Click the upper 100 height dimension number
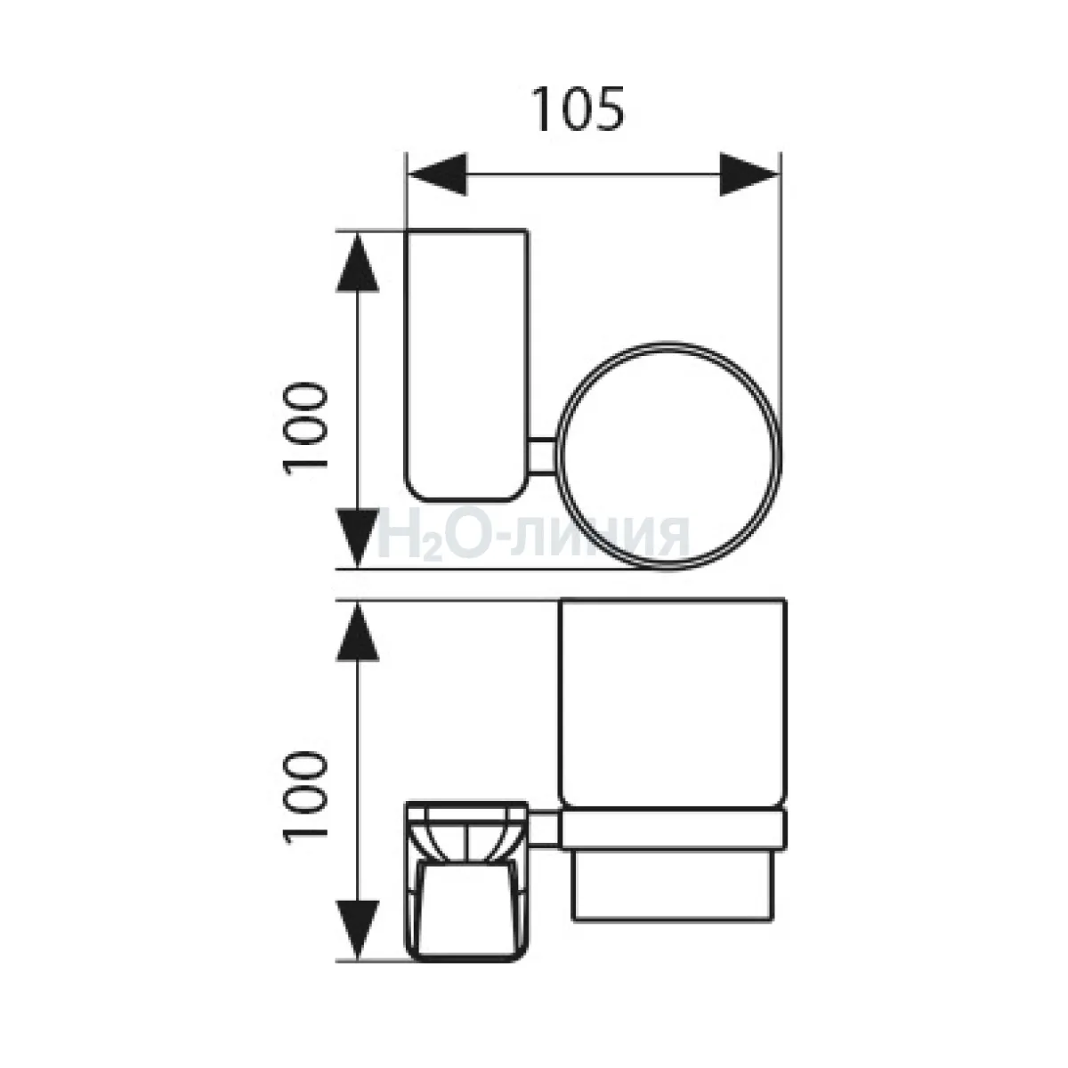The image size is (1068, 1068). tap(305, 428)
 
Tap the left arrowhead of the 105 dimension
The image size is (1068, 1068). tap(437, 174)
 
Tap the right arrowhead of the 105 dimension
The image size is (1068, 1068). tap(749, 174)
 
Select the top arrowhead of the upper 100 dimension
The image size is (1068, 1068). tap(358, 261)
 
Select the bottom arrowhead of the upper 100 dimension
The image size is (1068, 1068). tap(358, 538)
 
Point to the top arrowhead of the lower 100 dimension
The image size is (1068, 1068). tap(358, 632)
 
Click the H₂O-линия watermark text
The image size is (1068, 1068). tap(533, 535)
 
